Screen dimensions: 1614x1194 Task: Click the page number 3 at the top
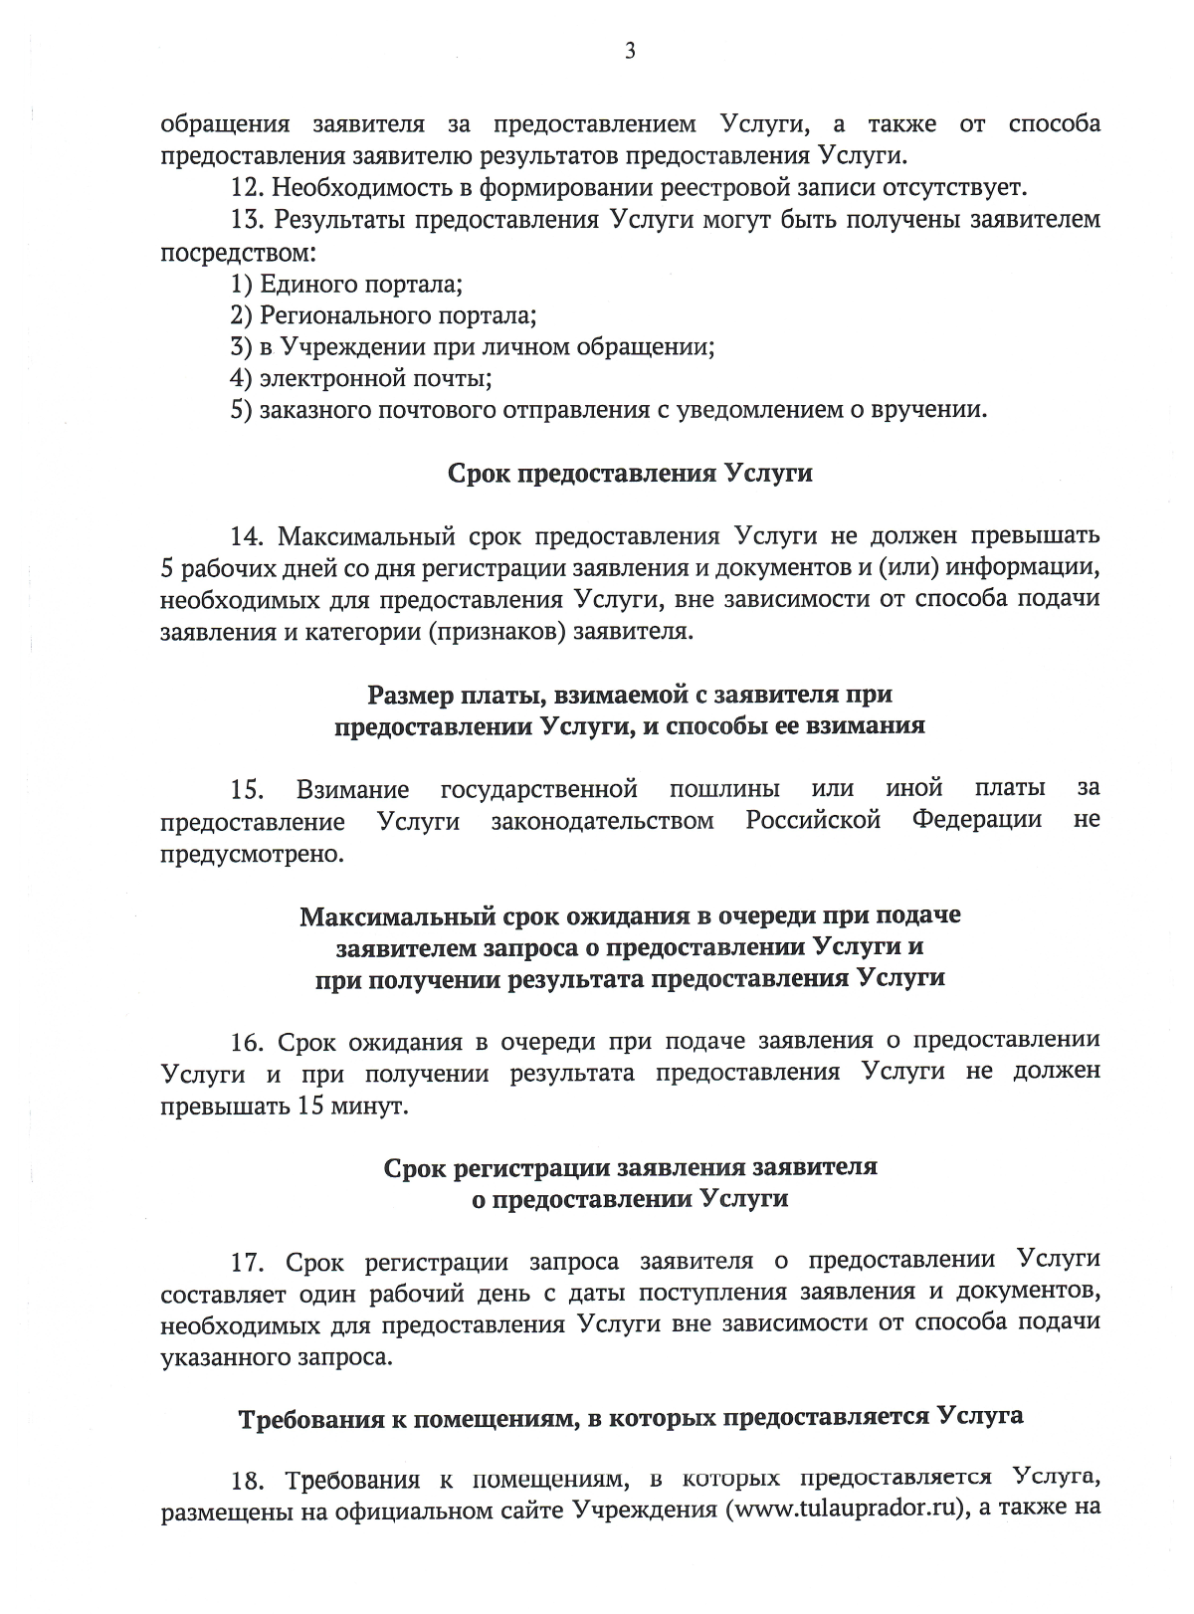coord(629,52)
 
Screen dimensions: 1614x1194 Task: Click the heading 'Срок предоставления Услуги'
coord(629,473)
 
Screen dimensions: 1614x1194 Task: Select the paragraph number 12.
coord(247,188)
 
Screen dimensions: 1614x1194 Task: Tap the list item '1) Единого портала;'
coord(346,285)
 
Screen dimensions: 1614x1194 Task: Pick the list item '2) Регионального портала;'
coord(383,316)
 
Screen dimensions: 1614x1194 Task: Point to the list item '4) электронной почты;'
coord(361,379)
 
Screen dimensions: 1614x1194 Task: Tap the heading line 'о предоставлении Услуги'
coord(629,1199)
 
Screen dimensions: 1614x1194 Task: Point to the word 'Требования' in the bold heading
coord(307,1419)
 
